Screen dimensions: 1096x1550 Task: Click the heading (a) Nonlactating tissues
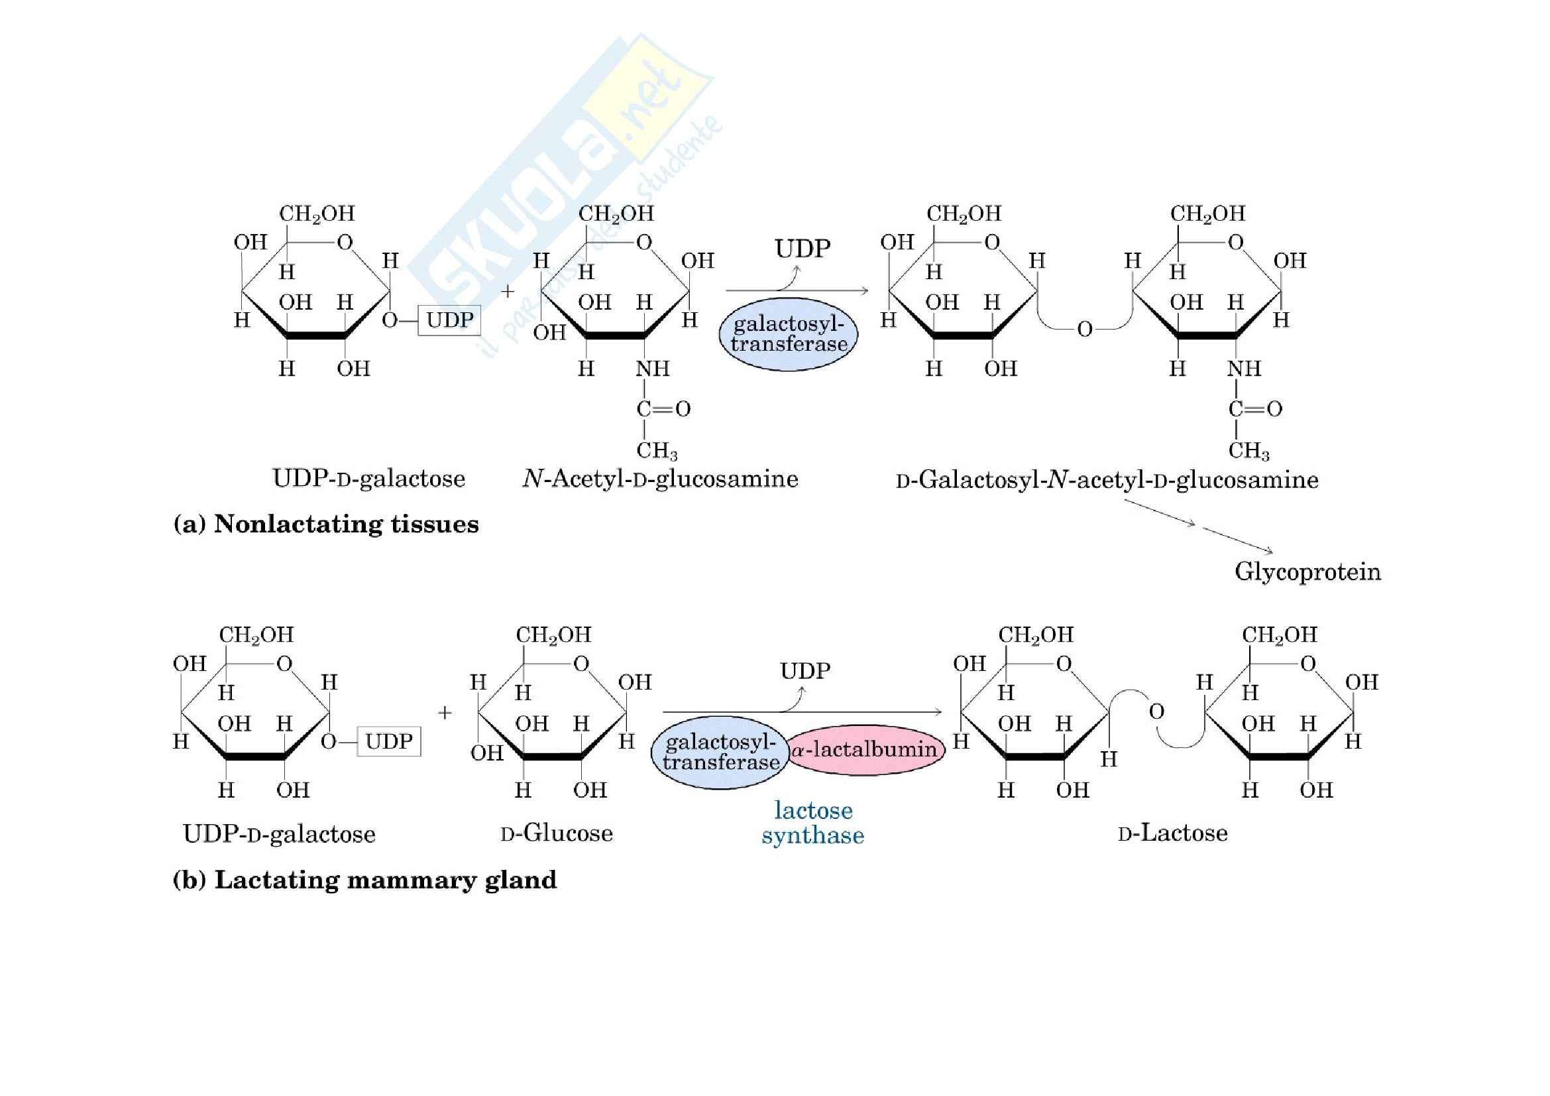click(326, 524)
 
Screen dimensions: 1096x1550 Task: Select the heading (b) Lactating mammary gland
click(364, 880)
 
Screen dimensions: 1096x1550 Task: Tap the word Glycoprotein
click(1307, 572)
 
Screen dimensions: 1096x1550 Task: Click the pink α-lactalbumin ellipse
click(865, 750)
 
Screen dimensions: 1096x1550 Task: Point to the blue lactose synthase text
click(813, 823)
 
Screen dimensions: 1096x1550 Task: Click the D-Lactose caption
click(1173, 833)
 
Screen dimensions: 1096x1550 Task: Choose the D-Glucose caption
click(557, 833)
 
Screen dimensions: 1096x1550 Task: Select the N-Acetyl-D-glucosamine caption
click(660, 479)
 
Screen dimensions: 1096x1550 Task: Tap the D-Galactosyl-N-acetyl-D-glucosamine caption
click(1107, 480)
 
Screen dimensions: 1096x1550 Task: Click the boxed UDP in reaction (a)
click(449, 320)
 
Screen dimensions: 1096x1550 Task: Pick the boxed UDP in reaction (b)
click(389, 741)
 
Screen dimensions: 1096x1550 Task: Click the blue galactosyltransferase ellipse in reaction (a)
click(789, 334)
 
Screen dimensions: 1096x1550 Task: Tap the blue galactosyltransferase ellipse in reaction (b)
click(720, 753)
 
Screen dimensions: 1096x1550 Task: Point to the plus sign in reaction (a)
click(508, 292)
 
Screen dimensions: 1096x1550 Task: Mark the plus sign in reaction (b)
click(444, 713)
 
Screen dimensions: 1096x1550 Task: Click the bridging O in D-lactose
click(1156, 711)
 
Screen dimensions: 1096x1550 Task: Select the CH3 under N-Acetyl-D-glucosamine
click(656, 450)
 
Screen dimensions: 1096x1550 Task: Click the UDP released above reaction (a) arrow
click(802, 249)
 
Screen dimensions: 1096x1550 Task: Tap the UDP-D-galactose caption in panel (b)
click(279, 835)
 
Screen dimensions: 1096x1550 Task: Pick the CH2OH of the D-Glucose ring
click(553, 635)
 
